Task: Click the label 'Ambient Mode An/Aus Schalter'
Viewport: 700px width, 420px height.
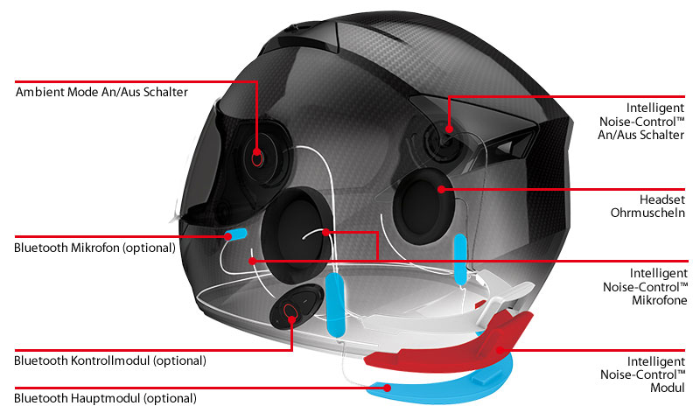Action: pos(101,92)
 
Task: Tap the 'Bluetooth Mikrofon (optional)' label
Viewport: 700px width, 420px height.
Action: pos(95,248)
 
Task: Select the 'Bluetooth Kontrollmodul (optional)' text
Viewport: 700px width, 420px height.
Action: pos(110,360)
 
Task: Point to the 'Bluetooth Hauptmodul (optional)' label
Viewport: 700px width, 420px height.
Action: pos(105,398)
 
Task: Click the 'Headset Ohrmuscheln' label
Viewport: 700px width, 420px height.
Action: pos(647,206)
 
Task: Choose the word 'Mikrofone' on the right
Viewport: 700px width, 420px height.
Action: pos(660,300)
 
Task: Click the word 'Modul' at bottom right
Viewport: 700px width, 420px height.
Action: pos(668,388)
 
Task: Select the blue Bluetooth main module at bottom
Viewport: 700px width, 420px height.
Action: pos(440,386)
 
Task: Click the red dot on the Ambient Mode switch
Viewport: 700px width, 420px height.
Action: pos(256,151)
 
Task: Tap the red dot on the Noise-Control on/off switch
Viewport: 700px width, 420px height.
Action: pos(449,129)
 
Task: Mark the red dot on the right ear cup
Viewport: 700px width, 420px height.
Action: pos(442,189)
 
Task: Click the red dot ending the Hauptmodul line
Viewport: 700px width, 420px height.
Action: pos(388,388)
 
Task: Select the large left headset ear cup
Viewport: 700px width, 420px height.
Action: pos(297,235)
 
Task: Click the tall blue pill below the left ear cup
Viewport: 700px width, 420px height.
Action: pos(336,304)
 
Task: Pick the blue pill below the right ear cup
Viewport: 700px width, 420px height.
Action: pos(460,259)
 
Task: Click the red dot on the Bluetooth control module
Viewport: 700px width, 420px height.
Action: pos(292,319)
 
